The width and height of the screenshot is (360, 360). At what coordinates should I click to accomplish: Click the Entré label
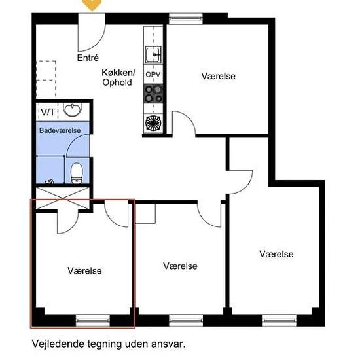pyautogui.click(x=88, y=58)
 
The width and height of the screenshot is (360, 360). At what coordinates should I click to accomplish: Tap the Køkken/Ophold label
pyautogui.click(x=118, y=77)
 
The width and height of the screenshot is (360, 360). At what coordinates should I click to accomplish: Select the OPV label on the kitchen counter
pyautogui.click(x=153, y=75)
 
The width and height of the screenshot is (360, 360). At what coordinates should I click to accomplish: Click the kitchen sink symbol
pyautogui.click(x=153, y=54)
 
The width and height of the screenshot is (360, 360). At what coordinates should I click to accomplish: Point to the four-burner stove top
pyautogui.click(x=153, y=94)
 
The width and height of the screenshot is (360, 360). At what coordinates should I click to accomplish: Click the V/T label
pyautogui.click(x=48, y=112)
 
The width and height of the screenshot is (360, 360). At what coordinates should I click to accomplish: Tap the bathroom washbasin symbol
pyautogui.click(x=72, y=110)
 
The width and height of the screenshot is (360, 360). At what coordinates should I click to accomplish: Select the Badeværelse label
pyautogui.click(x=60, y=130)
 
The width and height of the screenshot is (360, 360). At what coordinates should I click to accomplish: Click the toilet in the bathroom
pyautogui.click(x=77, y=173)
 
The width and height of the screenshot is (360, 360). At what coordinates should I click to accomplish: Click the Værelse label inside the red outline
pyautogui.click(x=84, y=271)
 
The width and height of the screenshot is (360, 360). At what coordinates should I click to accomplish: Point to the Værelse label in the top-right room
pyautogui.click(x=219, y=76)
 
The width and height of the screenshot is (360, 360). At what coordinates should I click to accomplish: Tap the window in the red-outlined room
pyautogui.click(x=93, y=320)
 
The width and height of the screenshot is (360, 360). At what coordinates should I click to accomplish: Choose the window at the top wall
pyautogui.click(x=186, y=18)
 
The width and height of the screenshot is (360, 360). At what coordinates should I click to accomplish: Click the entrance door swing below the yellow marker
pyautogui.click(x=92, y=32)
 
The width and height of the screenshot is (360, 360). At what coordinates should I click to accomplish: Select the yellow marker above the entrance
pyautogui.click(x=92, y=5)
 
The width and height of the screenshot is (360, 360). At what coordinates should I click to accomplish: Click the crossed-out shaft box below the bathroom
pyautogui.click(x=63, y=198)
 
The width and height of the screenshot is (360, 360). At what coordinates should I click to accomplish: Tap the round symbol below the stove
pyautogui.click(x=153, y=124)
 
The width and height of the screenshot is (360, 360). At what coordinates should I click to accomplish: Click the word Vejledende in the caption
pyautogui.click(x=58, y=344)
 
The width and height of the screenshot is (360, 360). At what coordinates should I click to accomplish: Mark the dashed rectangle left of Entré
pyautogui.click(x=46, y=79)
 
